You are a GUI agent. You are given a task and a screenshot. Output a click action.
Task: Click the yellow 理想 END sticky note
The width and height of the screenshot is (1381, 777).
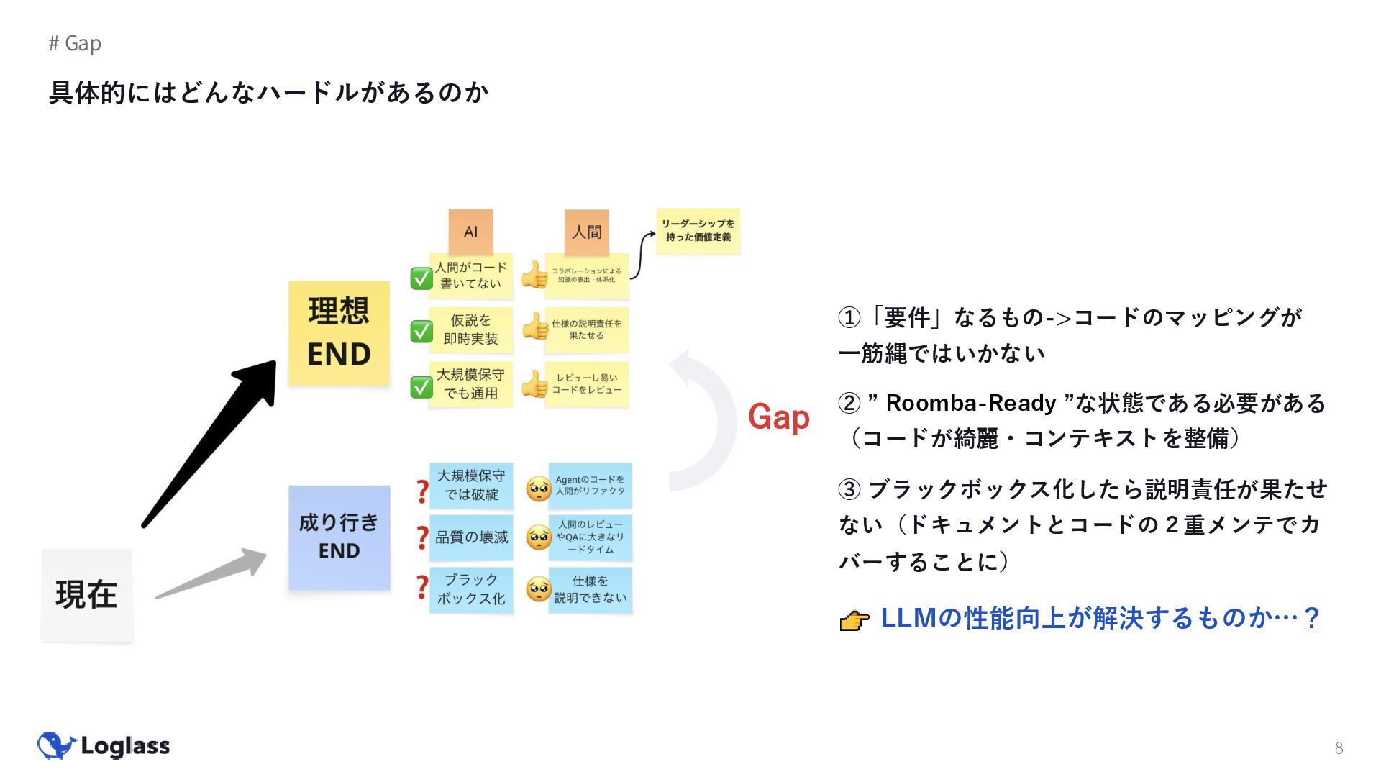(339, 333)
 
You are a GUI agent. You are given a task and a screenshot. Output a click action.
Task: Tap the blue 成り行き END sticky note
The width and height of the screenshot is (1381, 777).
(339, 537)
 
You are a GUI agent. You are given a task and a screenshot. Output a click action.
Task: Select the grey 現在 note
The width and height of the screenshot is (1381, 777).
(86, 595)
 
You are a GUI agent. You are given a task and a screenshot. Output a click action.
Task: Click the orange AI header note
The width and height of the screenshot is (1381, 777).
(470, 232)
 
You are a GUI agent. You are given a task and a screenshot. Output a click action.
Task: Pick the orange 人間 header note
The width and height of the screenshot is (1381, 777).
(586, 232)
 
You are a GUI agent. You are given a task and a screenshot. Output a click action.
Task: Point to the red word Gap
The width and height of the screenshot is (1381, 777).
(778, 417)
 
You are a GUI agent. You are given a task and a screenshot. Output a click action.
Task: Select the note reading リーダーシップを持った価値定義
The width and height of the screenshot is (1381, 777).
(698, 231)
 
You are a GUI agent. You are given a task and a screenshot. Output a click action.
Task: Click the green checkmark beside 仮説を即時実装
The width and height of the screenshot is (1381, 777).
(421, 331)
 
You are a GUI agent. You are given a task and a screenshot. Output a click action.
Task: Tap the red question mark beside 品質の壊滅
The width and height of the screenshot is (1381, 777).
(422, 537)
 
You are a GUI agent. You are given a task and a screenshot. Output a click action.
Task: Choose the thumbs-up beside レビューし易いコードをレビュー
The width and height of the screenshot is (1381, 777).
(534, 384)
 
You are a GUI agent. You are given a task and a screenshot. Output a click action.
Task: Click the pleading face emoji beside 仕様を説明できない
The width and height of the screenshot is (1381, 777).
(538, 589)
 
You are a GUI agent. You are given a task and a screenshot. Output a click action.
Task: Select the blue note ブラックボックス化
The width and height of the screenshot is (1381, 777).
(471, 589)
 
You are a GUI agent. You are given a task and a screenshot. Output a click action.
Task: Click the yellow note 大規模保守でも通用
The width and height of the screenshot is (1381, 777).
(470, 384)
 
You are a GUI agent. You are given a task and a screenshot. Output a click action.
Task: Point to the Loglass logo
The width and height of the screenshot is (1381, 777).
(104, 746)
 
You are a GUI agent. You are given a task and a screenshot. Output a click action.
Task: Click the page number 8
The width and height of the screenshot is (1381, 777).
(1339, 748)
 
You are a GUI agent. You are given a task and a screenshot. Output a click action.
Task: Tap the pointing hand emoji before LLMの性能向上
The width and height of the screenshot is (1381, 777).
(854, 619)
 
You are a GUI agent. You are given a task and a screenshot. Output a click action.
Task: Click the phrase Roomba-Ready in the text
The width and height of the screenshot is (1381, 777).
(970, 403)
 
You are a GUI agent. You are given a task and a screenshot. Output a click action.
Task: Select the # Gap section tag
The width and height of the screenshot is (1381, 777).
(75, 43)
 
